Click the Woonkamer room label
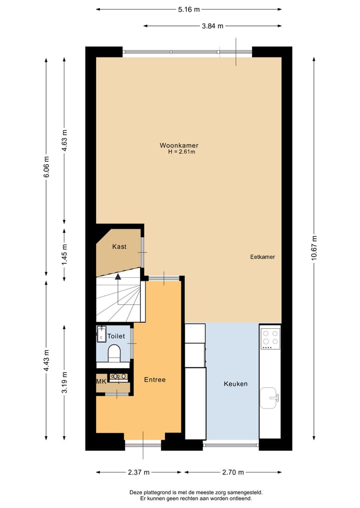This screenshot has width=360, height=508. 175,145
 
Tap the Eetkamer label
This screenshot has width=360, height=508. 262,257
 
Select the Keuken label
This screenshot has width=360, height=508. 235,384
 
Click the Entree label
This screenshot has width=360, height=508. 154,380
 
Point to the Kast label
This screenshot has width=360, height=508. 119,247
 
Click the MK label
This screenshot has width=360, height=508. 101,381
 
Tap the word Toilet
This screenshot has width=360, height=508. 116,336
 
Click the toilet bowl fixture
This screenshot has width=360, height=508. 114,352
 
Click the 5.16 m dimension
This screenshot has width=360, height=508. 189,9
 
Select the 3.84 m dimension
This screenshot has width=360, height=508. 212,26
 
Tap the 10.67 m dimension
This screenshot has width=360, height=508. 313,247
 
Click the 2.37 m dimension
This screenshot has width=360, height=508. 138,472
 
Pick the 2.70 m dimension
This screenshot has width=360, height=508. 233,472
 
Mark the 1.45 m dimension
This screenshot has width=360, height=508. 64,253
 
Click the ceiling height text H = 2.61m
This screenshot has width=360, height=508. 181,152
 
